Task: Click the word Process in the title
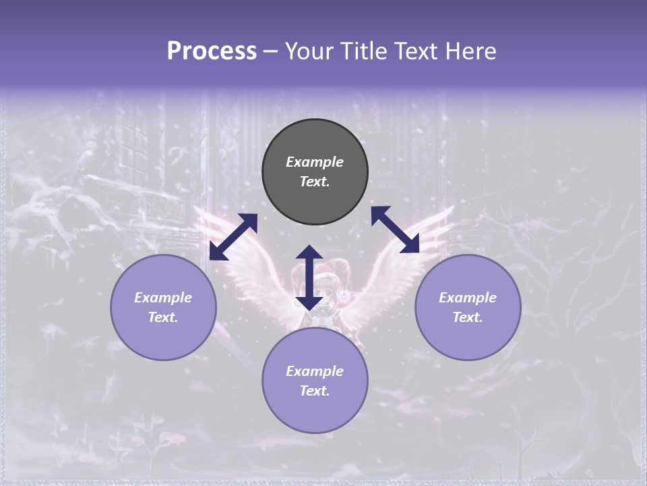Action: click(x=212, y=51)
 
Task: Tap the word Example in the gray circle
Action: click(x=315, y=162)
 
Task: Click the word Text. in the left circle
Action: click(x=163, y=317)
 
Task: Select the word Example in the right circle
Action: click(x=468, y=297)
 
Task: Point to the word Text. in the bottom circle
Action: click(x=315, y=391)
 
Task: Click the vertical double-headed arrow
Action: click(x=309, y=277)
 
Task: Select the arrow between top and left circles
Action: click(x=233, y=236)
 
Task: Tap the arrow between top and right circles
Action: click(x=395, y=230)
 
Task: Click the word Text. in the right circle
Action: click(x=468, y=317)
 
